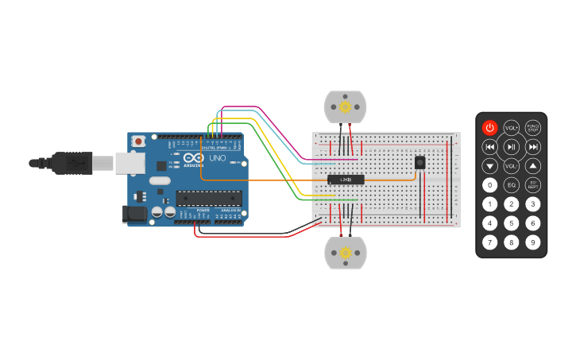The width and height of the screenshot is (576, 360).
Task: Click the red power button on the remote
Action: point(490,127)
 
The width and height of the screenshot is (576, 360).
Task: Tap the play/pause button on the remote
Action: point(512,147)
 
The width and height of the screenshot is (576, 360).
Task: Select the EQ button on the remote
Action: point(512,185)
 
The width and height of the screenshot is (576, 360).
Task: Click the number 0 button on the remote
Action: point(490,185)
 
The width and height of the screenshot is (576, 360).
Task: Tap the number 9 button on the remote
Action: point(533,242)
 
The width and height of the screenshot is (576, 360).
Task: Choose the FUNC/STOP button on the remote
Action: point(533,127)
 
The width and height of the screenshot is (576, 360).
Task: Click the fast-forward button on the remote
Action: point(533,147)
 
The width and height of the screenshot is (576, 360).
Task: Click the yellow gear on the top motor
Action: point(345,106)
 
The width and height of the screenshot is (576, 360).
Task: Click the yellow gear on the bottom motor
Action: point(346,253)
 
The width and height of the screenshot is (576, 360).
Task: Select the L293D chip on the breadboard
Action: point(346,180)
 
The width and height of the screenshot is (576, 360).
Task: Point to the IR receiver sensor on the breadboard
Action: point(419,163)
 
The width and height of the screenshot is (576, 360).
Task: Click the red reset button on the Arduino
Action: point(139,141)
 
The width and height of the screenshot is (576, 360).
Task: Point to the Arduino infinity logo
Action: point(194,157)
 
